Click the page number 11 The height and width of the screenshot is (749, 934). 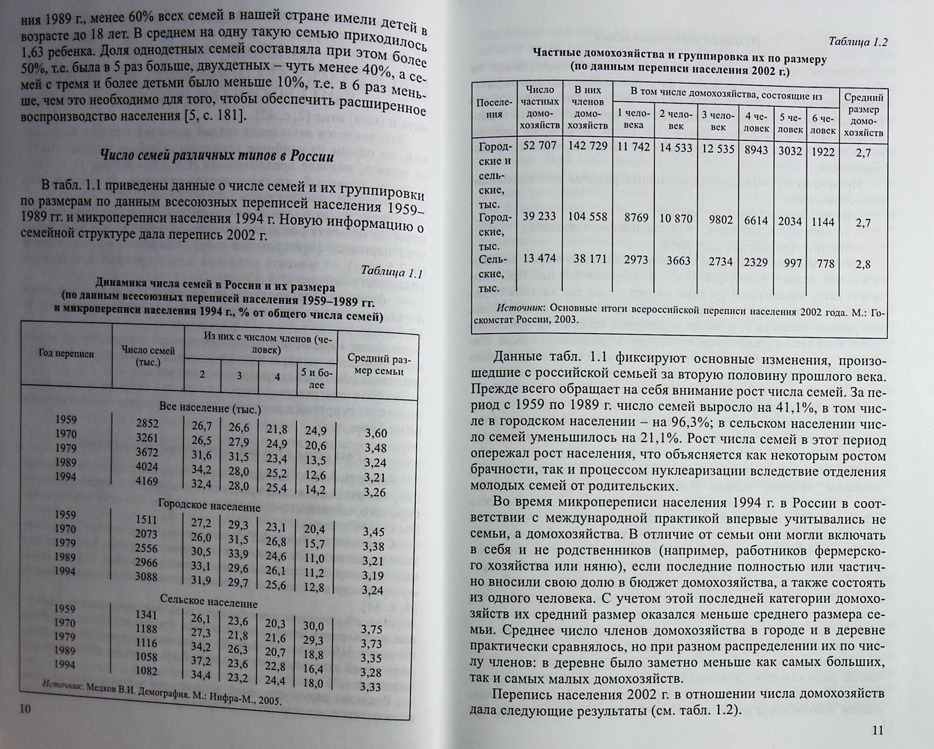877,730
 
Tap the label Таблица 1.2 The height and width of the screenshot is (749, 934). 857,42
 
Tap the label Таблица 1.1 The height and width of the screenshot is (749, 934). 391,273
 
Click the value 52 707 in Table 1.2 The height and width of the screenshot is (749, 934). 540,146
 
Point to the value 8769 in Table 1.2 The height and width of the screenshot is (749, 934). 636,218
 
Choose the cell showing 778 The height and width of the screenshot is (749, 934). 825,264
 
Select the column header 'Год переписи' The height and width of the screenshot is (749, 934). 66,354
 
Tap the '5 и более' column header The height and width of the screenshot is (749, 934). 317,378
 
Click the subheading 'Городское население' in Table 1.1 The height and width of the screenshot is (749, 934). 209,506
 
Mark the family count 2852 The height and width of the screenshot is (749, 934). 147,423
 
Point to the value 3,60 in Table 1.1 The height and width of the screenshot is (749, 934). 375,433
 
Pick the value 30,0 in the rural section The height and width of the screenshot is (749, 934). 313,626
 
